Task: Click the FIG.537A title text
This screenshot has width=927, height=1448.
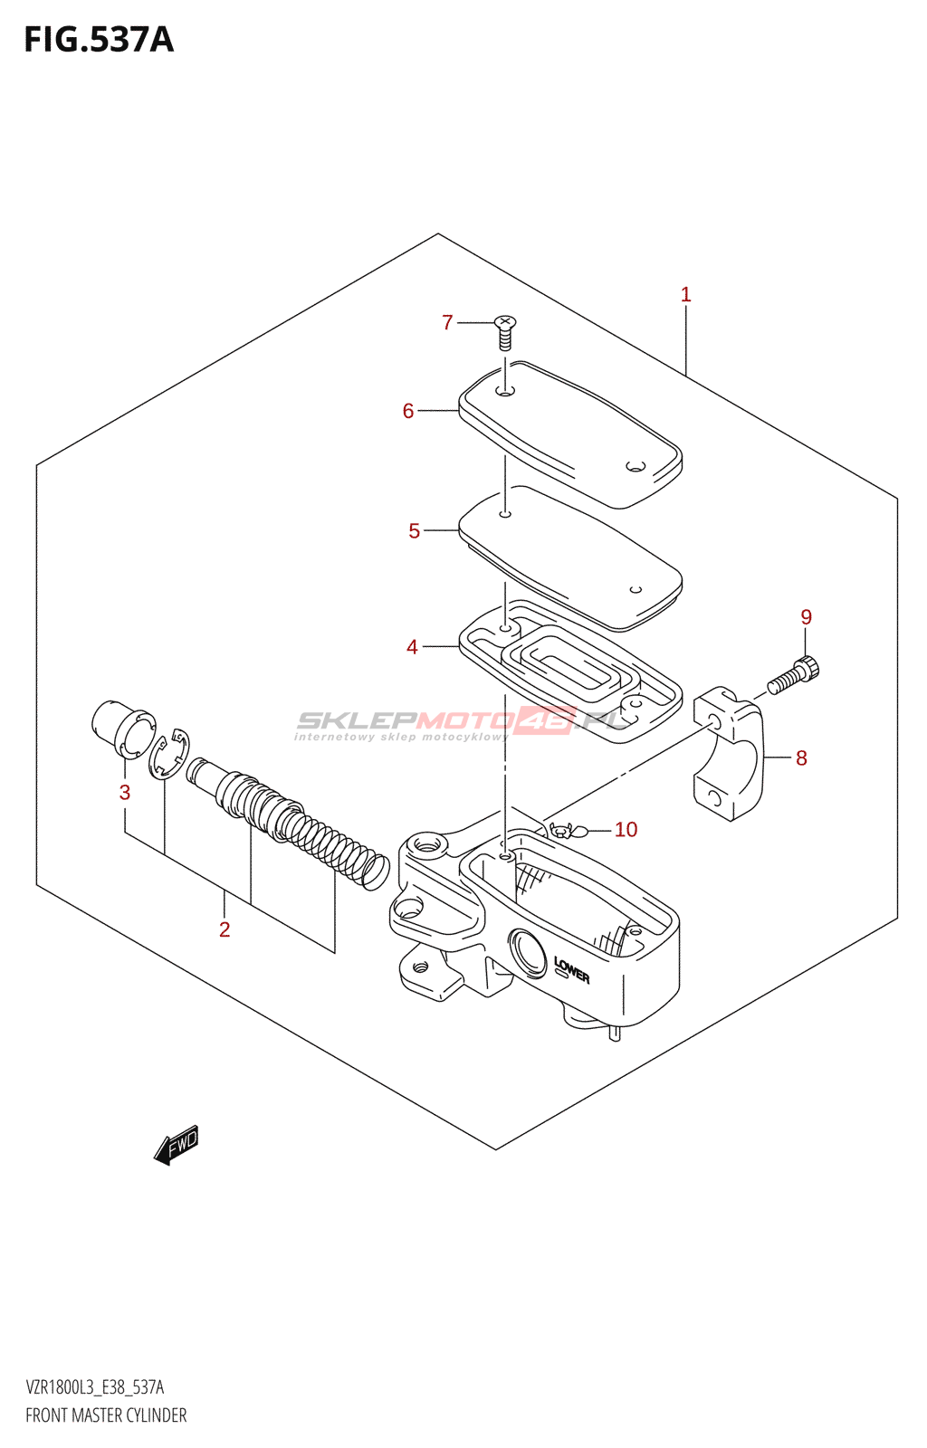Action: tap(99, 40)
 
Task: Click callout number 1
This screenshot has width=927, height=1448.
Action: tap(685, 294)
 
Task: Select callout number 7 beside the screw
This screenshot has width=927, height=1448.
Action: tap(447, 322)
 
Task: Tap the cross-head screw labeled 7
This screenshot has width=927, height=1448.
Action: tap(505, 332)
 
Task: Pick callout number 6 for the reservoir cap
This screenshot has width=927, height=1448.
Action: tap(408, 411)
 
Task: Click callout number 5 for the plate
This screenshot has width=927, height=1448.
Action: tap(414, 531)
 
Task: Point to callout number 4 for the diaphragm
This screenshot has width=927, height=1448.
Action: tap(412, 647)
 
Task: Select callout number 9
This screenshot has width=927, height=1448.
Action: tap(806, 617)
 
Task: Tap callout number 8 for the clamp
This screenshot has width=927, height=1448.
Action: tap(801, 757)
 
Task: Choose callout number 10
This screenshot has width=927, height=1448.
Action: tap(626, 830)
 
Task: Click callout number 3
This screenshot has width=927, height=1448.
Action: tap(125, 793)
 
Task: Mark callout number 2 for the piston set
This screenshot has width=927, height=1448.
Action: tap(225, 929)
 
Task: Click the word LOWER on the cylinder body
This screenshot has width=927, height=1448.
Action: tap(571, 970)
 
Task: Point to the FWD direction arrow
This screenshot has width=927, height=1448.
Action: tap(177, 1145)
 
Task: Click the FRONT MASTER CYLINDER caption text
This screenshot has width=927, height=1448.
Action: tap(106, 1415)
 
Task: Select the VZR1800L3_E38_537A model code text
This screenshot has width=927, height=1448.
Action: tap(95, 1387)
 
